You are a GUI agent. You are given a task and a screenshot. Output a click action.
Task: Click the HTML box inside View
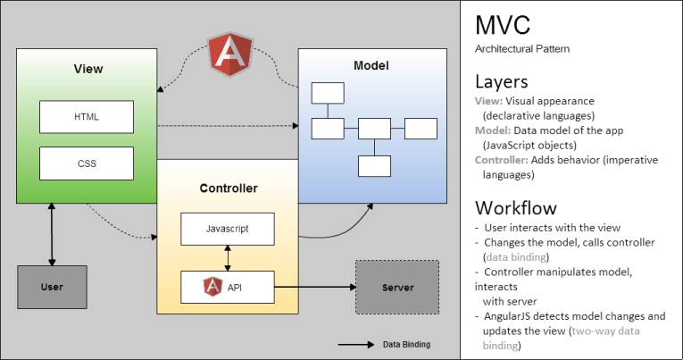coord(87,117)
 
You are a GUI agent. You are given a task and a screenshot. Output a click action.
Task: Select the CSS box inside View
coord(87,164)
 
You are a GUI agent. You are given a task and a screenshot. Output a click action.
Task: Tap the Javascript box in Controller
coord(227,229)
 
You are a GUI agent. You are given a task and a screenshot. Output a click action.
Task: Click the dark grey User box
coord(52,288)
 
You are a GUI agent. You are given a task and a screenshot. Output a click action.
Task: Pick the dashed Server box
coord(396,287)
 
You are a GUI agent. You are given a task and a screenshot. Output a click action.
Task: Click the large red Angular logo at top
coord(227,51)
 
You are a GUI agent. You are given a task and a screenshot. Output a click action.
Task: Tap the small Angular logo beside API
coord(213,287)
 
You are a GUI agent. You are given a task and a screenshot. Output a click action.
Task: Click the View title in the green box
coord(87,69)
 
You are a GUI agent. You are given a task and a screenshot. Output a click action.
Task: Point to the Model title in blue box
coord(371,65)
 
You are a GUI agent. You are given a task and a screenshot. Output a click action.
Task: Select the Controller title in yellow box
coord(229,188)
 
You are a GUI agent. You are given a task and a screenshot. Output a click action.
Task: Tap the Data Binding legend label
coord(407,343)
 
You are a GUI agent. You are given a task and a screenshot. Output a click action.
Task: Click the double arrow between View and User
coord(52,234)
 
